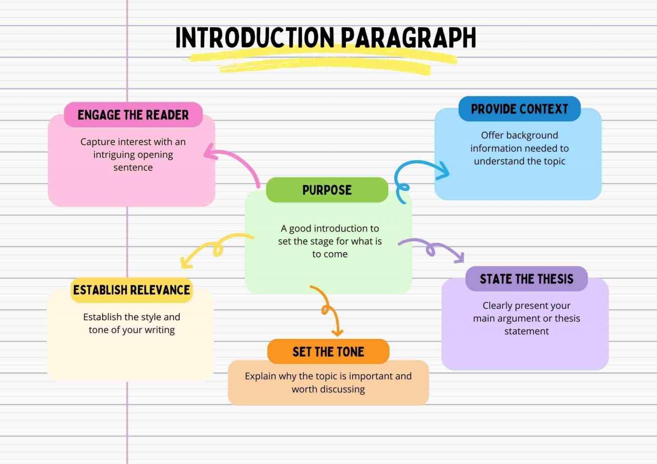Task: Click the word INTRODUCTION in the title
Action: (255, 37)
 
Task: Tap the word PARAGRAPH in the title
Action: (409, 37)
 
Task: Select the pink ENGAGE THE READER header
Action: (133, 114)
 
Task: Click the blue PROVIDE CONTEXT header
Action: (519, 109)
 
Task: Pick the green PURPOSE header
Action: (327, 190)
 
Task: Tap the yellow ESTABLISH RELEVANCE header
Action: (131, 290)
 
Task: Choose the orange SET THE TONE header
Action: (328, 352)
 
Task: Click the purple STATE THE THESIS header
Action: (527, 279)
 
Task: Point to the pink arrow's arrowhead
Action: (210, 151)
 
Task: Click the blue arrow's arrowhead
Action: (442, 170)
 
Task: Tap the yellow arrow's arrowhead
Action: (186, 262)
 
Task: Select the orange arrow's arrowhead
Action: (337, 332)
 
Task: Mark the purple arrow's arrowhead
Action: (459, 258)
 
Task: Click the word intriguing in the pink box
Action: (112, 155)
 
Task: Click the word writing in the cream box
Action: (160, 330)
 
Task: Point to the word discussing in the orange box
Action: (342, 389)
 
